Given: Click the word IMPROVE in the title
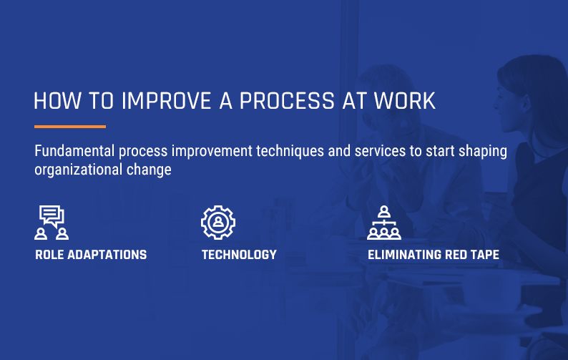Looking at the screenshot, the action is [166, 101].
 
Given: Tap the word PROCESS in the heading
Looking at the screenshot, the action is [287, 101].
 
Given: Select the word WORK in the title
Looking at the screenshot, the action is [405, 101].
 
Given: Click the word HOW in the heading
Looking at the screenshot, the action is [57, 101].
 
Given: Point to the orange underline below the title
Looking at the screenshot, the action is [70, 127].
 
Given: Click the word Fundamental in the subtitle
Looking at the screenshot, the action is [74, 151].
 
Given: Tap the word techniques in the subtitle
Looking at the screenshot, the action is [290, 152].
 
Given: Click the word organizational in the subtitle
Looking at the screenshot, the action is [78, 170].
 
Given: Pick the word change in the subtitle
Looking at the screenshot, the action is [149, 170].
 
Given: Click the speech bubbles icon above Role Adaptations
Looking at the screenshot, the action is [52, 223].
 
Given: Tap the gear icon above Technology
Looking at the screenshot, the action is [218, 223].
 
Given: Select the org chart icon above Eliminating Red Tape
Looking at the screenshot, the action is [384, 223].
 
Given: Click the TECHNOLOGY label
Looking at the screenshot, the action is [239, 255].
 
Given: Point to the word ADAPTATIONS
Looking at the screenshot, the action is [107, 255].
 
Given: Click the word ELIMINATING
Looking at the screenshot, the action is [404, 255].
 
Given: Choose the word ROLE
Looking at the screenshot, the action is [49, 255].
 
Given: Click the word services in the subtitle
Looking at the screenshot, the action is [380, 151].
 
